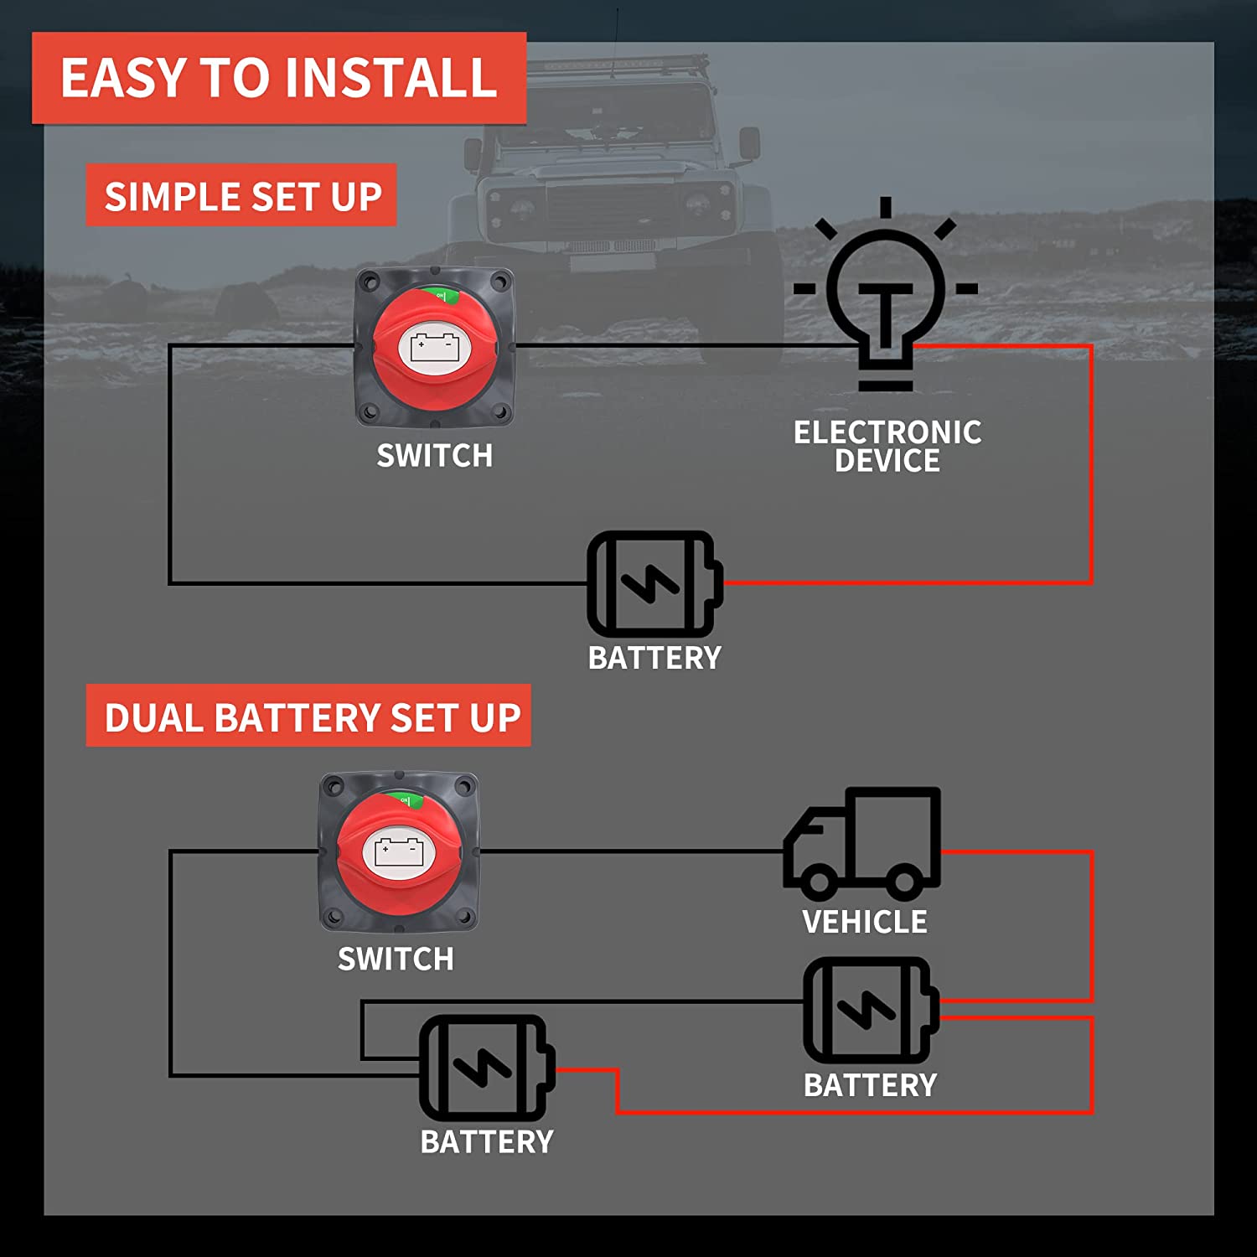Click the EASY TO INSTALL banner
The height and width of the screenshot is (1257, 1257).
click(279, 78)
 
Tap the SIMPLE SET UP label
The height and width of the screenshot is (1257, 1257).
click(241, 196)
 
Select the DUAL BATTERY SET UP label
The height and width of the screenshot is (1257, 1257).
click(308, 716)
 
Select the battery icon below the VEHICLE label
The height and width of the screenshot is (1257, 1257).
click(870, 1010)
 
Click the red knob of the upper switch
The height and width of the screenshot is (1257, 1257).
click(433, 348)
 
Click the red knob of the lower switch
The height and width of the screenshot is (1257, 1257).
click(399, 852)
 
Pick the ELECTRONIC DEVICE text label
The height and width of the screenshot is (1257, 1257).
click(887, 446)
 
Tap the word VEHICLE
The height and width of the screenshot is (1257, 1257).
click(864, 922)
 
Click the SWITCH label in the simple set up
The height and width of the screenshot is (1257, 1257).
click(434, 456)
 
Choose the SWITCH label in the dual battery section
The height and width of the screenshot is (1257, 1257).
click(396, 959)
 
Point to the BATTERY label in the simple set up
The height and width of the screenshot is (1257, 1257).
click(654, 658)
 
